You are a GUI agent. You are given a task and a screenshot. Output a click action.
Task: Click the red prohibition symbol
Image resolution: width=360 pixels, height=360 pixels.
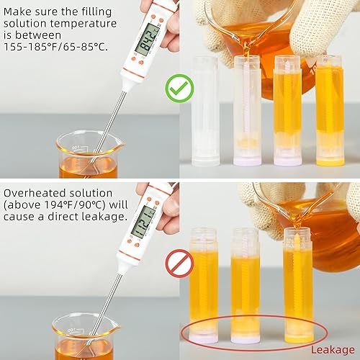179,264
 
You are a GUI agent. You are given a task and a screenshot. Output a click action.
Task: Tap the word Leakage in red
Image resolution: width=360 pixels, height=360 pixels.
333,350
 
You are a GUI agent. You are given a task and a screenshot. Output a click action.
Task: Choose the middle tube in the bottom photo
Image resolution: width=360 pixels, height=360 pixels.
244,284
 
